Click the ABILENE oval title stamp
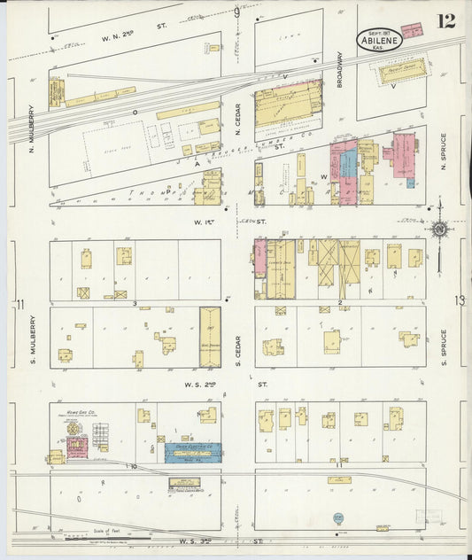(x=381, y=39)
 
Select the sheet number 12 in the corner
(x=445, y=21)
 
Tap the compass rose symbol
(x=438, y=230)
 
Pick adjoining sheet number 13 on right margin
(x=458, y=301)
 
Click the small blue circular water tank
(x=338, y=518)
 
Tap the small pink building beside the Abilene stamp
(x=412, y=29)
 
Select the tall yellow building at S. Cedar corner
(x=210, y=337)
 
